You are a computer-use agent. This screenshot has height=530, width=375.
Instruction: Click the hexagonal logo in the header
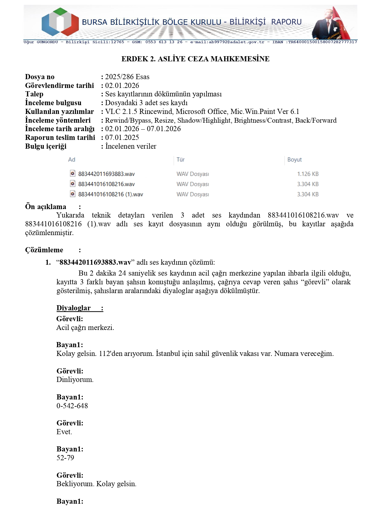pos(60,22)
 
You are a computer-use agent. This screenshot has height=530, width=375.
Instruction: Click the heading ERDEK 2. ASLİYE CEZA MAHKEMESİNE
pos(195,59)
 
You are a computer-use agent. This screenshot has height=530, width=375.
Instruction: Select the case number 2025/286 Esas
pos(127,77)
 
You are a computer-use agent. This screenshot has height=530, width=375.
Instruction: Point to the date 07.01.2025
pos(122,137)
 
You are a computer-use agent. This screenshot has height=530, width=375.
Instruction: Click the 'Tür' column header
pos(181,160)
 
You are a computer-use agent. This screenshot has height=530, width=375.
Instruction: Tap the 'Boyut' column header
pos(294,160)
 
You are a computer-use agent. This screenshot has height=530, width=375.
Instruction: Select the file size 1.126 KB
pos(308,174)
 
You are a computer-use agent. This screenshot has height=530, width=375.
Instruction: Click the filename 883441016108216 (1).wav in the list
pos(111,194)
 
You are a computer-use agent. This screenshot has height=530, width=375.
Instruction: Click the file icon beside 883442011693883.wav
pos(73,173)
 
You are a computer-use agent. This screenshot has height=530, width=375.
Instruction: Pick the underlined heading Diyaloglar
pos(73,308)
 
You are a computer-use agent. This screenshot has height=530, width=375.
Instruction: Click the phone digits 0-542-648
pos(72,406)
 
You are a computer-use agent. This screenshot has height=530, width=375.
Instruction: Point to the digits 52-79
pos(65,458)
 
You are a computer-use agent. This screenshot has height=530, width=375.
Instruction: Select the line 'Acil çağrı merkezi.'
pos(85,328)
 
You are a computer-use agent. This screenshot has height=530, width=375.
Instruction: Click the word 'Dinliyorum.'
pos(75,380)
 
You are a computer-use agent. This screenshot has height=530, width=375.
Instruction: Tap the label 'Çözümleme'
pos(44,250)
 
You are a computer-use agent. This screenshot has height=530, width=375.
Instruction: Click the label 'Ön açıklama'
pos(46,207)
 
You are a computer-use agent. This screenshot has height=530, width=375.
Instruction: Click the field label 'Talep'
pos(34,94)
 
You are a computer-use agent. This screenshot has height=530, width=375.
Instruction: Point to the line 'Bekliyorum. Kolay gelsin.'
pos(96,484)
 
